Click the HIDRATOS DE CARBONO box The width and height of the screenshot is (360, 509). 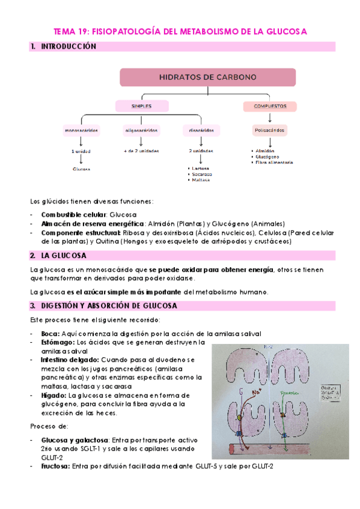pyautogui.click(x=207, y=77)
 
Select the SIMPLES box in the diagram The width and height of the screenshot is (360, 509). pyautogui.click(x=141, y=106)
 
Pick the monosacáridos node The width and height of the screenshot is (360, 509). pyautogui.click(x=81, y=130)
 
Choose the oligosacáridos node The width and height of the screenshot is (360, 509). pyautogui.click(x=141, y=130)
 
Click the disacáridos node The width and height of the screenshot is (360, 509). pyautogui.click(x=198, y=130)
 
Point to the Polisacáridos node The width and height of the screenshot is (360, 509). pyautogui.click(x=269, y=130)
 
